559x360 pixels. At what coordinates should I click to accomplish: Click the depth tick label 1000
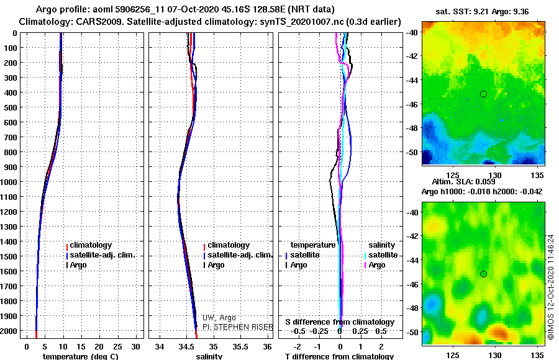[x=9, y=182]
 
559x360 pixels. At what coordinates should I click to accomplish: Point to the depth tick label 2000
[x=9, y=331]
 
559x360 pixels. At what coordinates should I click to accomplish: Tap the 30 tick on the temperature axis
[x=136, y=347]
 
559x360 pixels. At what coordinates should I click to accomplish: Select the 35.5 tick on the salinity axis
[x=240, y=347]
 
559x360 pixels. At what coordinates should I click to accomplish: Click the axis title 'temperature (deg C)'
[x=81, y=356]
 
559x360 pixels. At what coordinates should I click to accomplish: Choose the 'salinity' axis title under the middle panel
[x=209, y=356]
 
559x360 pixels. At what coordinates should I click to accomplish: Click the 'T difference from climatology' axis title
[x=339, y=356]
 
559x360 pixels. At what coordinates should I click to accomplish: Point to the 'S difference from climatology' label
[x=340, y=322]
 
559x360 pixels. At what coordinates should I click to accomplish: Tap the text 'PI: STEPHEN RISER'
[x=238, y=327]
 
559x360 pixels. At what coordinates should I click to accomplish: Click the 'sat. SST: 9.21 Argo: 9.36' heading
[x=482, y=12]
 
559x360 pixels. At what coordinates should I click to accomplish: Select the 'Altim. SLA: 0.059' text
[x=464, y=182]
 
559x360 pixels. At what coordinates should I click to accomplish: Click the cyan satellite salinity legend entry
[x=381, y=255]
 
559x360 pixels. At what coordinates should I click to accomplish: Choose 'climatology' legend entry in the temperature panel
[x=89, y=245]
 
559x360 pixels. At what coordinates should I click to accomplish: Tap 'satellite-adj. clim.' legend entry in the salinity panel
[x=238, y=255]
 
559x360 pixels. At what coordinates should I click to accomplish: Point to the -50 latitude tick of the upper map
[x=412, y=152]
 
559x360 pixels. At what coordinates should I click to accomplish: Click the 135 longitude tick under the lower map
[x=537, y=355]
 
